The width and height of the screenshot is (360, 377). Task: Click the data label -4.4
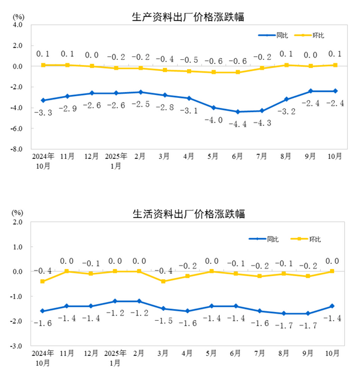[237, 124]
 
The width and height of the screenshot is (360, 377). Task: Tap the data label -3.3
[42, 112]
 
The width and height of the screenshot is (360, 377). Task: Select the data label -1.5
[164, 321]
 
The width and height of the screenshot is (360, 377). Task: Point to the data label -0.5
[188, 60]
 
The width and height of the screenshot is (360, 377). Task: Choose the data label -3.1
[188, 110]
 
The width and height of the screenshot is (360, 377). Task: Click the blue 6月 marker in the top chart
[237, 112]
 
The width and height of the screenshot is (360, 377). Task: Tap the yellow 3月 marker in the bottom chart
[164, 281]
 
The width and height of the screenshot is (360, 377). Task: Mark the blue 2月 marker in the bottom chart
[140, 301]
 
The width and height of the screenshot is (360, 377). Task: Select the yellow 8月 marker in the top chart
[287, 65]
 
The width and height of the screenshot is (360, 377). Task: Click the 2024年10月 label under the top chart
[42, 162]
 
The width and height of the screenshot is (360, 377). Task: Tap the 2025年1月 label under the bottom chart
[116, 359]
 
